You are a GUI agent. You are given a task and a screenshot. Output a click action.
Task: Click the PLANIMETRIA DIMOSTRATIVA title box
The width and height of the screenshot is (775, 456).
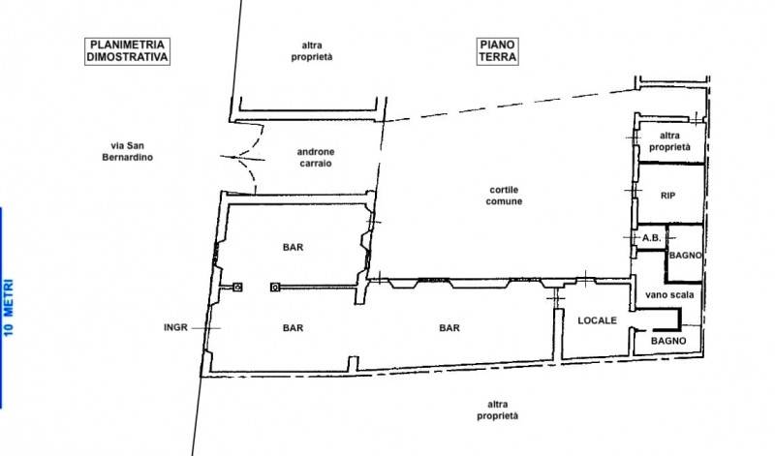point(128,51)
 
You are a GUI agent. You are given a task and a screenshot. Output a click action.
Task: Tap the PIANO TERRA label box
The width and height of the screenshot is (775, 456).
point(498,51)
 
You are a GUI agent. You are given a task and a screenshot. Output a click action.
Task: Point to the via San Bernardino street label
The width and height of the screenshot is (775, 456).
point(128,152)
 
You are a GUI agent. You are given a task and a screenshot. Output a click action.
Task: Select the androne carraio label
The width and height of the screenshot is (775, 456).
point(316,158)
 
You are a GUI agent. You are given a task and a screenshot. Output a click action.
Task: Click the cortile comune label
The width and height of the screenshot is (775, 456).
point(504,196)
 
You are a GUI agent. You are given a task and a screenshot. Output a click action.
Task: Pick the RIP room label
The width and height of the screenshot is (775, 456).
point(667,196)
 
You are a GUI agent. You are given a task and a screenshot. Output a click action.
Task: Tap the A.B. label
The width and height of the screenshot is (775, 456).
point(651,238)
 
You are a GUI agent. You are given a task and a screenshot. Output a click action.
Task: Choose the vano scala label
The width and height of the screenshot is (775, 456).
point(669,295)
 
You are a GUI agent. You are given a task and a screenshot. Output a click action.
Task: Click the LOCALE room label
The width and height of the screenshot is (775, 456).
point(597,320)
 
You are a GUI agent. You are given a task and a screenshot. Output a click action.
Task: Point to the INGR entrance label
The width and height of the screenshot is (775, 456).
point(175,327)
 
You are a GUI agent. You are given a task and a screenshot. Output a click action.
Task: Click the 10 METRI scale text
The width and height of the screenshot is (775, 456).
point(9,308)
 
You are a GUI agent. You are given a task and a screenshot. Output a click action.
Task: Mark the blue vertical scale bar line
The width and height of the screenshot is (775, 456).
point(1,307)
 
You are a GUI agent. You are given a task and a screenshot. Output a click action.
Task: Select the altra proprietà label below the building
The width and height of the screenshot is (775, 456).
point(498,410)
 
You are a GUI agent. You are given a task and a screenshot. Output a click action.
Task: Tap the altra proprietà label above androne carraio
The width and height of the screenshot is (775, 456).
point(312,51)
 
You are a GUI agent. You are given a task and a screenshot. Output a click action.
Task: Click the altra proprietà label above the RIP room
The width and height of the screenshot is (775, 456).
point(669,141)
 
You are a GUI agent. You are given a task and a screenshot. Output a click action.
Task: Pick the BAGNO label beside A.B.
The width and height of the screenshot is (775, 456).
point(685,256)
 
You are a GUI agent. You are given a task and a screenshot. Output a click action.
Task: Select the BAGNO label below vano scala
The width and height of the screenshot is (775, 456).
point(668,341)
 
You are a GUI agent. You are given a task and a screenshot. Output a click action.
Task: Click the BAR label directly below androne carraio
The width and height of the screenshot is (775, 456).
point(294,248)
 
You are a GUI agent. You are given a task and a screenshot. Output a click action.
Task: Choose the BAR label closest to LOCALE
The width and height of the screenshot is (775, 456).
point(449,328)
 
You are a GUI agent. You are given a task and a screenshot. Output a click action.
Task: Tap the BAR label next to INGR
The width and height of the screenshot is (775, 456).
point(294,328)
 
